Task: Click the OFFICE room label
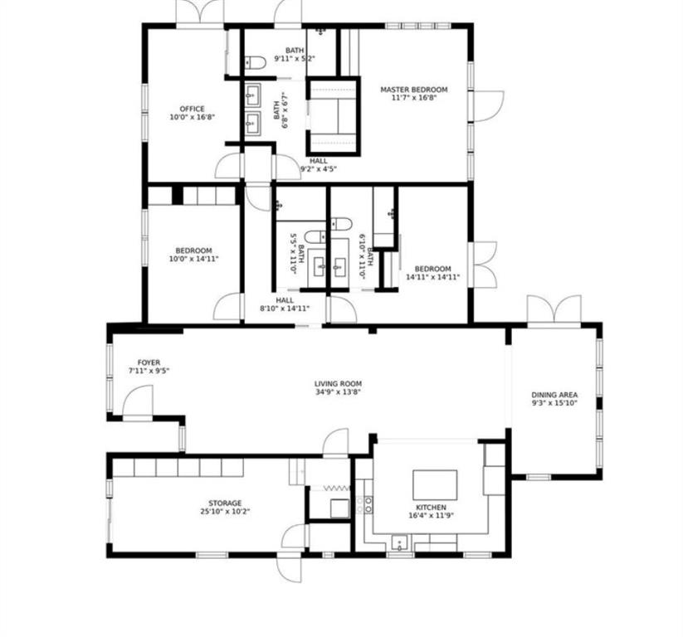pyautogui.click(x=192, y=109)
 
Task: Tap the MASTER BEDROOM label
pyautogui.click(x=414, y=90)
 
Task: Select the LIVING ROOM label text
pyautogui.click(x=338, y=383)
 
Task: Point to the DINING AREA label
pyautogui.click(x=554, y=395)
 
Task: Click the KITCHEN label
pyautogui.click(x=431, y=508)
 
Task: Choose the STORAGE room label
pyautogui.click(x=225, y=503)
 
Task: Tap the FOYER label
pyautogui.click(x=149, y=362)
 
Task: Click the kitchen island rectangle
pyautogui.click(x=435, y=484)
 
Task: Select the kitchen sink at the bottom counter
pyautogui.click(x=399, y=542)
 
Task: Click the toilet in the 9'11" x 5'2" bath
pyautogui.click(x=255, y=63)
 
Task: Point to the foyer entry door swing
pyautogui.click(x=138, y=401)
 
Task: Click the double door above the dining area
pyautogui.click(x=554, y=310)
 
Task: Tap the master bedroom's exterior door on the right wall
pyautogui.click(x=487, y=106)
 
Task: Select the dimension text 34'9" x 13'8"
pyautogui.click(x=338, y=391)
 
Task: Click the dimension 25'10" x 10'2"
pyautogui.click(x=225, y=512)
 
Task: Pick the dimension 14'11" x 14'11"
pyautogui.click(x=433, y=277)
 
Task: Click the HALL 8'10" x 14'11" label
pyautogui.click(x=285, y=304)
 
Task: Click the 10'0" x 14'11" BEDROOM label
pyautogui.click(x=194, y=255)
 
